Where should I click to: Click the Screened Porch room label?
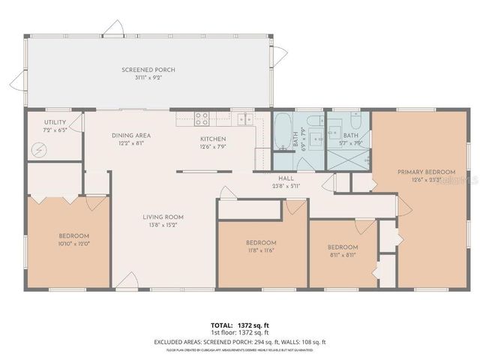(148, 70)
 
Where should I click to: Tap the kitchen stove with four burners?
(202, 118)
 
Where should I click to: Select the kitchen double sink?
(244, 118)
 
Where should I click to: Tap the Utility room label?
(55, 122)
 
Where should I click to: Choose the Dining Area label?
(132, 136)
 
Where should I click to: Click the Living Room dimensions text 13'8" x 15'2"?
(163, 226)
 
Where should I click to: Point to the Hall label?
(286, 178)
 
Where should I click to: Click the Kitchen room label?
(213, 139)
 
